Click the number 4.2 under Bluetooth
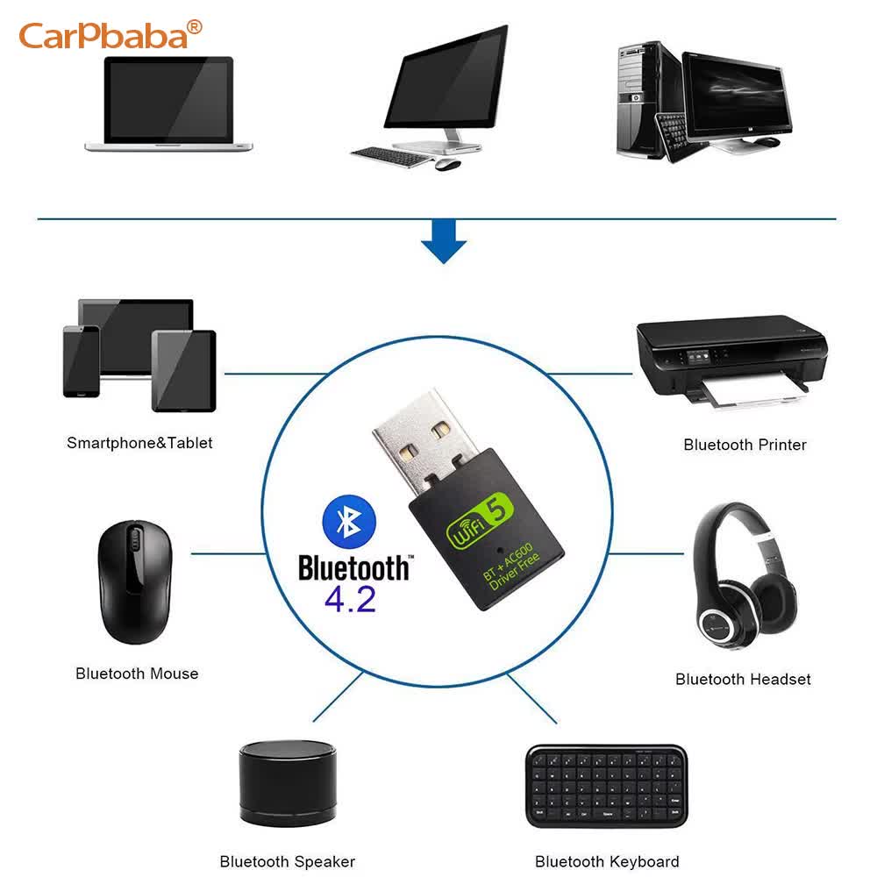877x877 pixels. [349, 598]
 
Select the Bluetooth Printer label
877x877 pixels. [745, 445]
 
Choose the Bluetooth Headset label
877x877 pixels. [743, 679]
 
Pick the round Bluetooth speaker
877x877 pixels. [287, 782]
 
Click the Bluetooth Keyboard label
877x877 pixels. [607, 861]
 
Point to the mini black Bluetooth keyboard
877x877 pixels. [607, 786]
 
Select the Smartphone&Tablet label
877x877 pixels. [139, 443]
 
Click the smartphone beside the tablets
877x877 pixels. [81, 361]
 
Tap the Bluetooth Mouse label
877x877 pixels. [137, 674]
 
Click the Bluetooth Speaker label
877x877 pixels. [287, 861]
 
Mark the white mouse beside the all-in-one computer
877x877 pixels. [448, 164]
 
